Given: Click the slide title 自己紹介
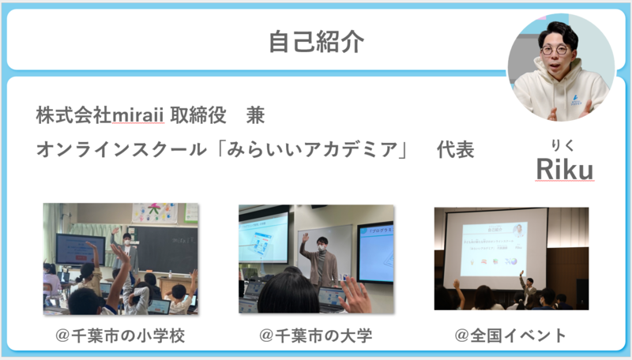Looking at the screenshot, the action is [317, 42].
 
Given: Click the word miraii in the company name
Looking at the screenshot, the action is [137, 115].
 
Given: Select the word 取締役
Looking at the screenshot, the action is [197, 115].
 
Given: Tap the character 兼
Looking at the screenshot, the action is [255, 115].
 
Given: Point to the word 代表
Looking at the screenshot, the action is [456, 150].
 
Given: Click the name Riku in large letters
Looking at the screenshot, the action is [564, 169].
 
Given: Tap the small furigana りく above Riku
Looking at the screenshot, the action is [562, 145].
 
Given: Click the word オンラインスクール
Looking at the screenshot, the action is [122, 150].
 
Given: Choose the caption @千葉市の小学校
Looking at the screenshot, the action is [120, 336].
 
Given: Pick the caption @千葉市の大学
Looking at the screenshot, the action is [315, 336].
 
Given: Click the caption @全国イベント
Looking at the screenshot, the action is [510, 336].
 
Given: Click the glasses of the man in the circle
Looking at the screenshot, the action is [555, 50].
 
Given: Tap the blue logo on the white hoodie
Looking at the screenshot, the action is [576, 99].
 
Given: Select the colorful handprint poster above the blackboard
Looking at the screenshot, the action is [155, 213].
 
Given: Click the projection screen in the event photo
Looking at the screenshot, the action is [495, 248].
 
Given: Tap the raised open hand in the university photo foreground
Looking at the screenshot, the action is [355, 295].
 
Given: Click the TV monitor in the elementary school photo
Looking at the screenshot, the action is [80, 249].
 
